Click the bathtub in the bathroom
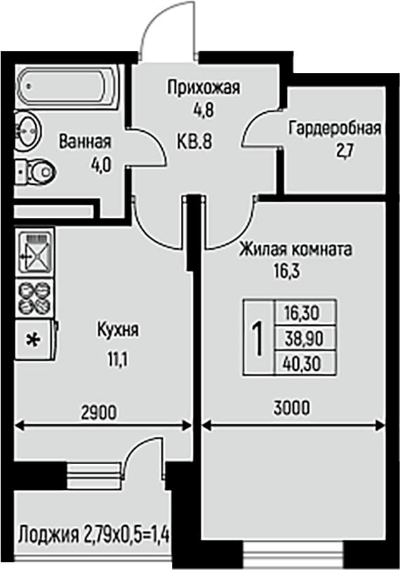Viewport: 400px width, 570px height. click(x=67, y=87)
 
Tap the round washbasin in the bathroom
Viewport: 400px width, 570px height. click(x=27, y=129)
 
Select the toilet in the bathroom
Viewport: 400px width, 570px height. click(x=36, y=171)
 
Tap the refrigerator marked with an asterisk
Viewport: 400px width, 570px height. click(x=36, y=340)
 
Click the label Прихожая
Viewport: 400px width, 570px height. click(x=204, y=88)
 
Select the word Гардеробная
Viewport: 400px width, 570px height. click(x=335, y=128)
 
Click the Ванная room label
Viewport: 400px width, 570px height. click(x=85, y=142)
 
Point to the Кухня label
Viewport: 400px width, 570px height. click(x=118, y=330)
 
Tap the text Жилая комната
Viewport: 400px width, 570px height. click(x=295, y=250)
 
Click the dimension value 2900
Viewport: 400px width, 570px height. click(x=99, y=412)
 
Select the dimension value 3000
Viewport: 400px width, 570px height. click(x=291, y=407)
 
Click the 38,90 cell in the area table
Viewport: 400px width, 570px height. click(x=305, y=339)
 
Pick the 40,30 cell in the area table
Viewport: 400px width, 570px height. click(x=305, y=363)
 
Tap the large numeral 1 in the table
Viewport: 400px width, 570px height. click(x=258, y=339)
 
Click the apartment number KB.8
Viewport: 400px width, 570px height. click(x=194, y=141)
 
